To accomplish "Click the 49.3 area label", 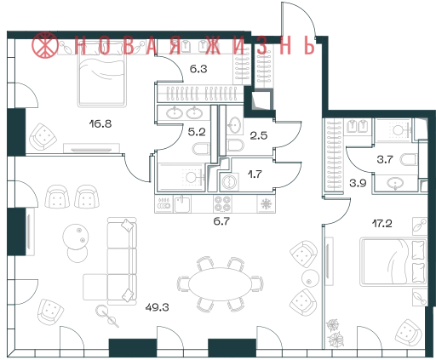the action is click(x=157, y=307).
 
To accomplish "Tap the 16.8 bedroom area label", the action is click(x=100, y=123).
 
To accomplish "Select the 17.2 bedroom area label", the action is click(x=382, y=224).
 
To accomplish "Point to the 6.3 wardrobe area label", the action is click(x=198, y=69).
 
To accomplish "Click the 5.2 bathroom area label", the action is click(x=197, y=132).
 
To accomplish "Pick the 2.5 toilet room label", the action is click(x=259, y=135).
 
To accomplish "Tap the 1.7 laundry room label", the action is click(x=255, y=174).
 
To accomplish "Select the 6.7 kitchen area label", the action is click(x=221, y=221).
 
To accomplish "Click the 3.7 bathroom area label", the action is click(x=385, y=159).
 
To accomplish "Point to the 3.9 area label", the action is click(x=358, y=183).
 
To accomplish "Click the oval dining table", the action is click(x=220, y=284).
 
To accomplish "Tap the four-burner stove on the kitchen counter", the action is click(x=222, y=203).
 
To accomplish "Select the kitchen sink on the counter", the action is click(x=182, y=204).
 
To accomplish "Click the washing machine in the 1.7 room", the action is click(x=229, y=181).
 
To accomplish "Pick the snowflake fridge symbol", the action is click(x=266, y=203).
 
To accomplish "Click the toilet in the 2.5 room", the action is click(x=235, y=146).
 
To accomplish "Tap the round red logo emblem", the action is click(x=44, y=45).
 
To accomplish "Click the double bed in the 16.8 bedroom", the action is click(x=102, y=74).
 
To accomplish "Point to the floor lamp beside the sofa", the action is click(x=108, y=316).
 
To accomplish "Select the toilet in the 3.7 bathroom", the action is click(x=409, y=160).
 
